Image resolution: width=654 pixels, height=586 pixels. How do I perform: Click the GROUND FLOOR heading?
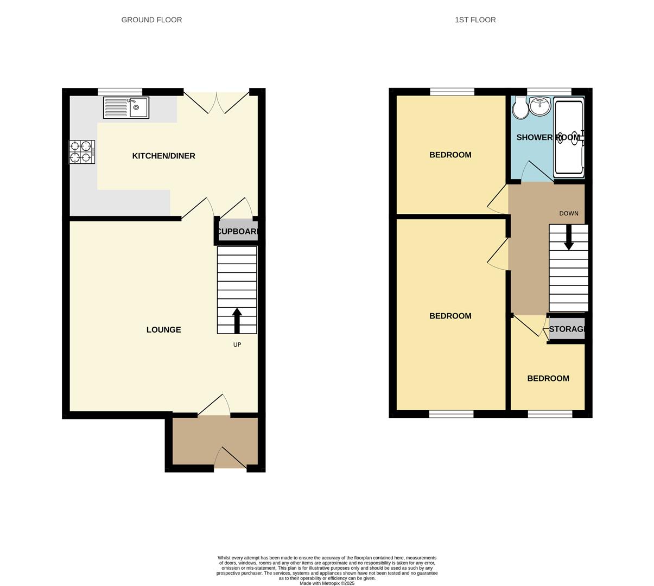click(151, 20)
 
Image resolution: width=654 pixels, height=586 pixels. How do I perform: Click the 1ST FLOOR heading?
click(475, 20)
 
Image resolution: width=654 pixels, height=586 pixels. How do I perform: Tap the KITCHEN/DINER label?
click(163, 156)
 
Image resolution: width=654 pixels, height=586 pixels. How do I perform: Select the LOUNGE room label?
click(163, 330)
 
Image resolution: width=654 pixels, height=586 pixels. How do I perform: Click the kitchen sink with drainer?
click(126, 107)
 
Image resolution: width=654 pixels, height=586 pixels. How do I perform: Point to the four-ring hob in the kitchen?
click(81, 152)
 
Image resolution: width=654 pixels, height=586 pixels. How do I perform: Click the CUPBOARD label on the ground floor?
click(238, 232)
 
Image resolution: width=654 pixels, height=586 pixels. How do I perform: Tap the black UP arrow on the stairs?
click(237, 320)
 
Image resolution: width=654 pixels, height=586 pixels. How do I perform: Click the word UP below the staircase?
click(237, 345)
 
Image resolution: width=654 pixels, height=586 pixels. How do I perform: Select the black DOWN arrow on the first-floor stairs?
click(568, 238)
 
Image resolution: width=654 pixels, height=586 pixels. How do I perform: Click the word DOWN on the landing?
click(568, 214)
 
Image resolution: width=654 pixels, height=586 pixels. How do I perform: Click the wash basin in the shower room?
click(540, 106)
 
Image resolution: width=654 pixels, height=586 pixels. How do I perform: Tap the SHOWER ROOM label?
click(548, 138)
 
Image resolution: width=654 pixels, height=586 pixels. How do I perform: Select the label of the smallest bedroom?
click(548, 379)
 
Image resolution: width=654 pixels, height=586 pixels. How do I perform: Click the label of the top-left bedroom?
click(450, 155)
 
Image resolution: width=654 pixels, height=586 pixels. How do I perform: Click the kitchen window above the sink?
click(120, 91)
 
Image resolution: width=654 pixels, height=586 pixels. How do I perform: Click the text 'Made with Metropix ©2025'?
click(327, 583)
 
